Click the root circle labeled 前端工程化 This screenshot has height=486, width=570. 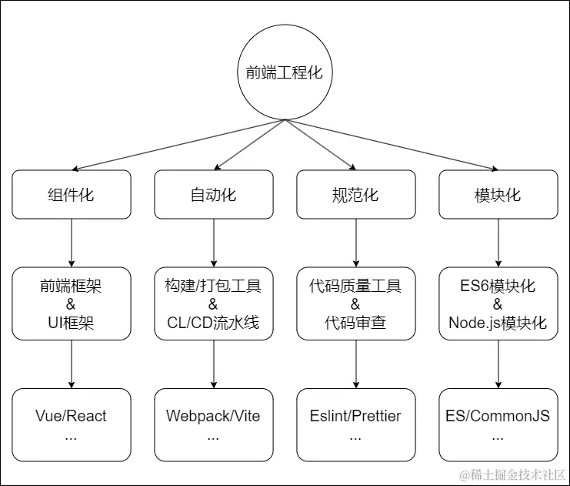tap(285, 73)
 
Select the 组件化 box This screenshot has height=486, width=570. tap(72, 195)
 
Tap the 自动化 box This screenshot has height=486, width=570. tap(214, 195)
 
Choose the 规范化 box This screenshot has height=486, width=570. tap(355, 195)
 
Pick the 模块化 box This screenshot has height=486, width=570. tap(498, 195)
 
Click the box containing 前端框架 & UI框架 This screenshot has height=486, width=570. tap(72, 303)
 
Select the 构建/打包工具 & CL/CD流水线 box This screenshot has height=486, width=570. tap(214, 303)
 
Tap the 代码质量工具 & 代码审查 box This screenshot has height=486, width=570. tap(355, 303)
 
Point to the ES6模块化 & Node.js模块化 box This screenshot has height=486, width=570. tap(498, 303)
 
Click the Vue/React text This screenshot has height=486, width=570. tap(72, 417)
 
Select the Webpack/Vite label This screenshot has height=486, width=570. tap(214, 417)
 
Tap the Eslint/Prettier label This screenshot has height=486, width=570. tap(355, 417)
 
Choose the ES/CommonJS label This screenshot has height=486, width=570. tap(498, 417)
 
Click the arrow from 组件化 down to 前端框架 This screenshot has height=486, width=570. tap(72, 243)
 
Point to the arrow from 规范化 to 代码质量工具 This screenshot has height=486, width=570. tap(355, 243)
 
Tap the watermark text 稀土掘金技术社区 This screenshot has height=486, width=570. tap(513, 474)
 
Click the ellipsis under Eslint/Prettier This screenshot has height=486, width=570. tap(355, 436)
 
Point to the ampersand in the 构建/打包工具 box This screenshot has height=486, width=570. tap(214, 304)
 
